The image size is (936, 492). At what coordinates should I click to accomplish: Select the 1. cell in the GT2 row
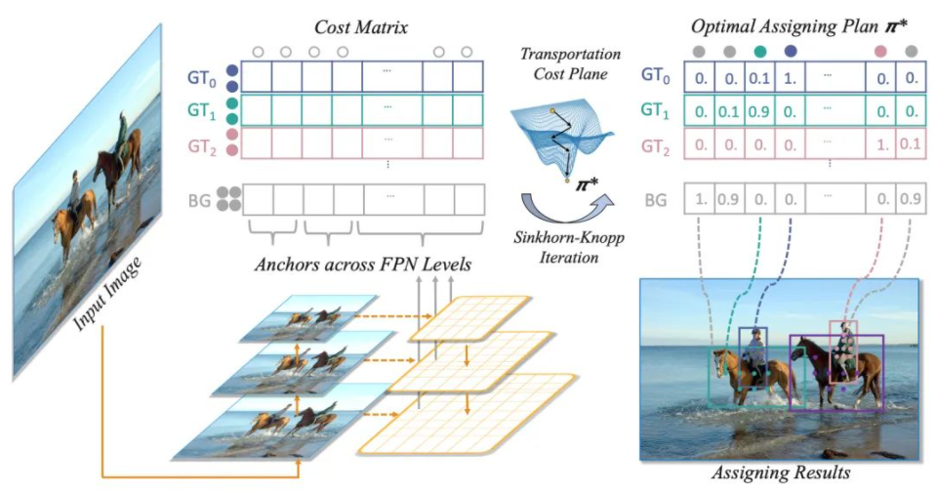(x=881, y=144)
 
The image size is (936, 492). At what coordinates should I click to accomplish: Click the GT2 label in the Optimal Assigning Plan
(x=658, y=146)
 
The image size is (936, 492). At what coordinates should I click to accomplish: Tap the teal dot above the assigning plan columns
(x=759, y=51)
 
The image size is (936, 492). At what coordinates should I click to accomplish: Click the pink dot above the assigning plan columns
(x=881, y=51)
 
